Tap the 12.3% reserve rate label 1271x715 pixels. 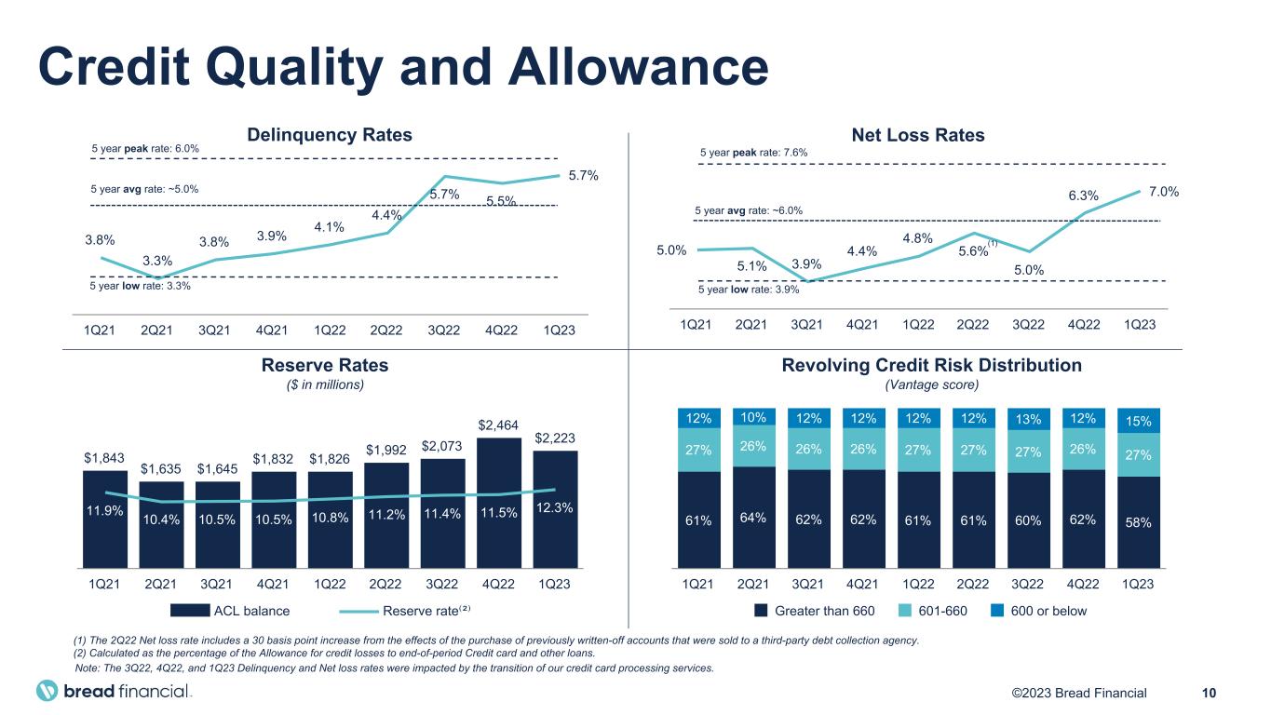click(555, 506)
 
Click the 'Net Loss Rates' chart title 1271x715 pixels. click(917, 136)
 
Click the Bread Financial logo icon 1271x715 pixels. click(47, 692)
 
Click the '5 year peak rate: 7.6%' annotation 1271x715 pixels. click(752, 153)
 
